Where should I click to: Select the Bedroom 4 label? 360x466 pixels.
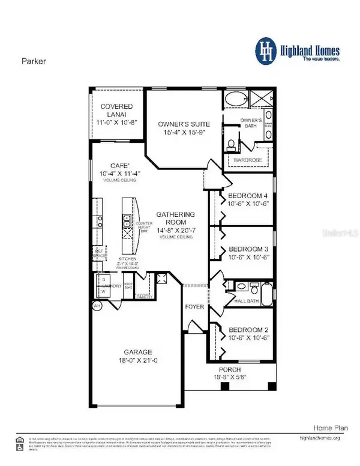coord(244,195)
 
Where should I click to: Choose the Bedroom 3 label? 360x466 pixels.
coord(244,250)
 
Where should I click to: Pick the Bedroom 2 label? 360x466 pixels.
coord(244,328)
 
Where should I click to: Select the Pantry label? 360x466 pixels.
coord(143,296)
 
